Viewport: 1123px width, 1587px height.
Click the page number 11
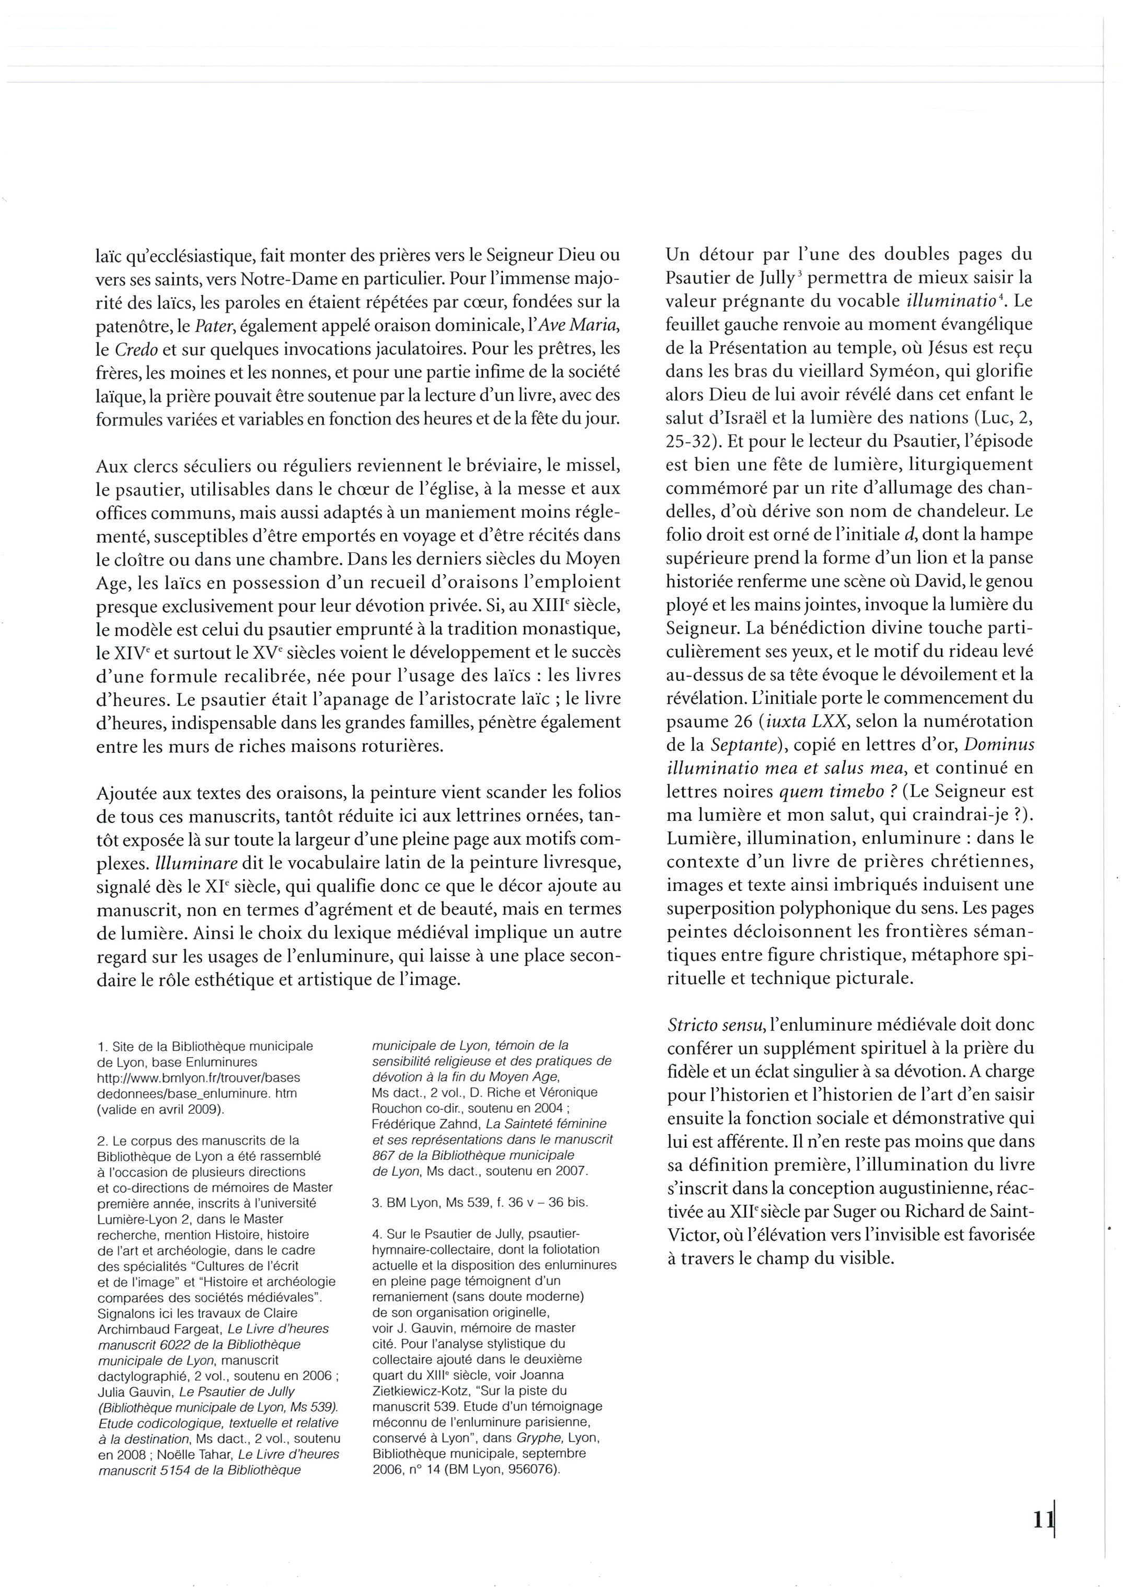[1041, 1519]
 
